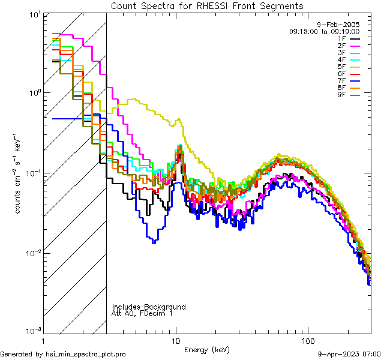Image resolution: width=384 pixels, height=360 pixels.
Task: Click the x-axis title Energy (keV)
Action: [206, 349]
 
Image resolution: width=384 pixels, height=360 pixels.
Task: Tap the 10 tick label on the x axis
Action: [175, 340]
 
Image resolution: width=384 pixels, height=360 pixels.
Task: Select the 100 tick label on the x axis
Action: [307, 340]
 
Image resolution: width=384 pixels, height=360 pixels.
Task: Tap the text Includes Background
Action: [149, 307]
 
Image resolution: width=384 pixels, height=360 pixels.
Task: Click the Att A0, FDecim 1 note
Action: [142, 313]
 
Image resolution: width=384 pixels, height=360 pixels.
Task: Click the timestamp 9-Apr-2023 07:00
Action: [347, 354]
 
